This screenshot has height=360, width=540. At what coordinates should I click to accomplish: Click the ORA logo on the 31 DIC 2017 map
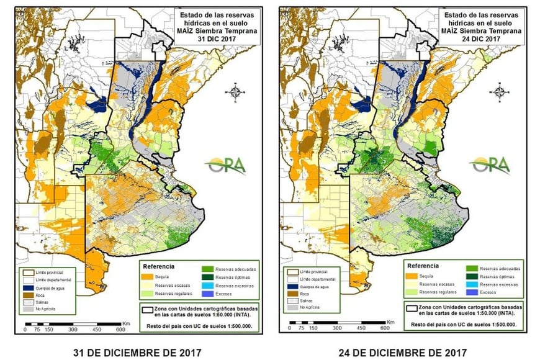227,165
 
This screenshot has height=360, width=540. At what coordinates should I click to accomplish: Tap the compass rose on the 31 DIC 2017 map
236,93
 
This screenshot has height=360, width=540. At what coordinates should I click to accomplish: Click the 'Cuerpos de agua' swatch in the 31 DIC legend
27,288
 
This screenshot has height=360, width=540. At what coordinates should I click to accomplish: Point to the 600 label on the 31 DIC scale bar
122,329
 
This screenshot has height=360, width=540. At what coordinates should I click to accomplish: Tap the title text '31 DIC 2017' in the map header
212,39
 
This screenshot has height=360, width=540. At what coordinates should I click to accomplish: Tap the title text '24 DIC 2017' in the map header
475,39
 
